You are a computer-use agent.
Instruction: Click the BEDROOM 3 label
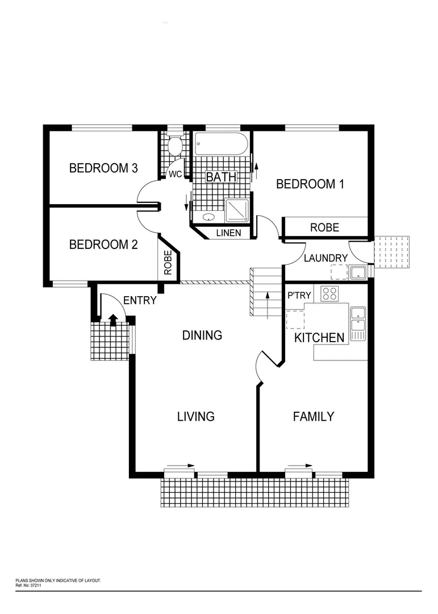[x=103, y=168]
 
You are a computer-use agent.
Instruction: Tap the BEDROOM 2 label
[x=103, y=244]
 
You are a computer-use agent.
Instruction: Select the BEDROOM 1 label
[x=310, y=184]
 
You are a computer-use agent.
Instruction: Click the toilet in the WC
[x=175, y=146]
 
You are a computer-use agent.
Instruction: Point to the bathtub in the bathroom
[x=221, y=144]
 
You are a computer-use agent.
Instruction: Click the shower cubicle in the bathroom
[x=237, y=210]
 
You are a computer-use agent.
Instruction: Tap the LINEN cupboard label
[x=228, y=233]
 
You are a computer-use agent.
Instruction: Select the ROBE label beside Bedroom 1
[x=324, y=227]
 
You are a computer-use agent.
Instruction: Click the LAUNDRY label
[x=326, y=258]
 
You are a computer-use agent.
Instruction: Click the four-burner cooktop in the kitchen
[x=329, y=294]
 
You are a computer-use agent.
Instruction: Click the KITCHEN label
[x=319, y=338]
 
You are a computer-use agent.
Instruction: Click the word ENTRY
[x=139, y=301]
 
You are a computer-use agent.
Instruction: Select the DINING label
[x=202, y=335]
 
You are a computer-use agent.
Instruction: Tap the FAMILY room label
[x=313, y=417]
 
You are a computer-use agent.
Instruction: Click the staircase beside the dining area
[x=266, y=292]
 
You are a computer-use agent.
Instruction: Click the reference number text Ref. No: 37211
[x=28, y=584]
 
